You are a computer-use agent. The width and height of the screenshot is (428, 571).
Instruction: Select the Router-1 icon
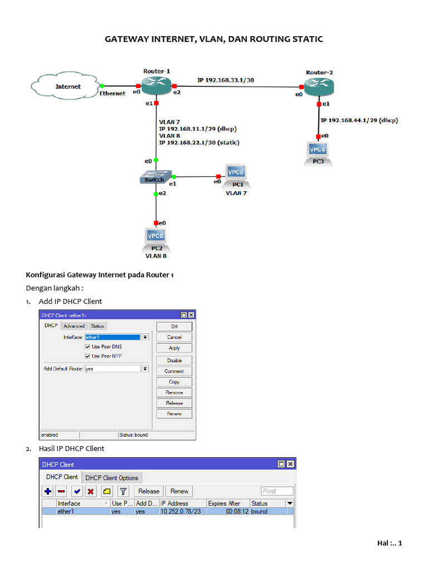tap(157, 85)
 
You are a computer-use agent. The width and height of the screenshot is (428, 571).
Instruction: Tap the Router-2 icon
tap(319, 86)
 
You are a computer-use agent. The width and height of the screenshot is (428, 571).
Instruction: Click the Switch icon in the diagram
tap(155, 177)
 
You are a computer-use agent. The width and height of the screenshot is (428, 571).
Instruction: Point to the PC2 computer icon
tap(155, 238)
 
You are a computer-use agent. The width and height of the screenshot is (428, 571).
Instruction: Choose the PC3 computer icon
tap(318, 152)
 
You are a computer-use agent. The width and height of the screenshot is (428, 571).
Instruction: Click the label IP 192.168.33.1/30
tap(226, 80)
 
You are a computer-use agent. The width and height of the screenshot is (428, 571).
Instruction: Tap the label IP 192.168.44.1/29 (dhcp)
tap(359, 120)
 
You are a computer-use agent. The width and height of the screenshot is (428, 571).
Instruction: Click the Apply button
tap(174, 348)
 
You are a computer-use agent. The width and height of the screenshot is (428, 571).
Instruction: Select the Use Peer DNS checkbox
tap(87, 347)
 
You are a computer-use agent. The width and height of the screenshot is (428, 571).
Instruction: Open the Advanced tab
tap(74, 326)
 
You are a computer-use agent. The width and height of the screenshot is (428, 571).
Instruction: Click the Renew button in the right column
tap(174, 414)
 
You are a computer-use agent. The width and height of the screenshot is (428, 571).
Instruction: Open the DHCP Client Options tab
tap(112, 478)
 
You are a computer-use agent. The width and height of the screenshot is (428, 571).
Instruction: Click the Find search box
tap(277, 491)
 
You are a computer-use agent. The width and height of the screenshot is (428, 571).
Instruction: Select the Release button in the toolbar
tap(149, 491)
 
